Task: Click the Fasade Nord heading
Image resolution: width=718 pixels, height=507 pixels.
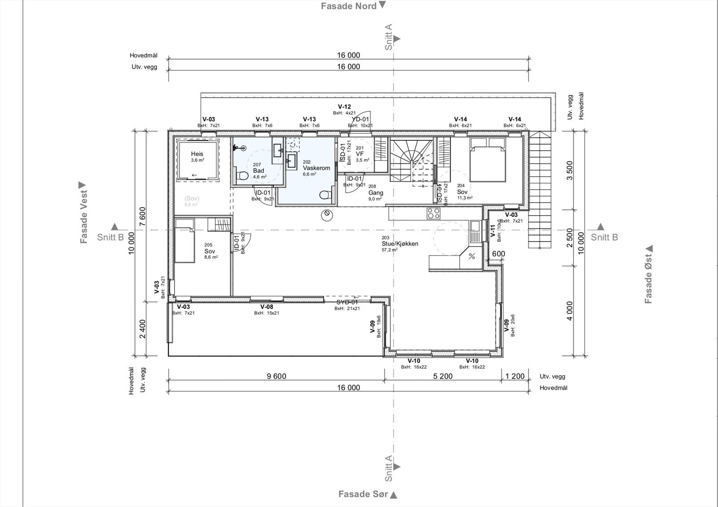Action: pos(348,6)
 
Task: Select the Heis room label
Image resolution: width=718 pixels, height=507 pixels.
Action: pos(197,154)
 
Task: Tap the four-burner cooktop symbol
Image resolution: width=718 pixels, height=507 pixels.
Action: pos(433,213)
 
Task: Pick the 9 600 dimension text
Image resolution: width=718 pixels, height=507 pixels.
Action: pos(276,377)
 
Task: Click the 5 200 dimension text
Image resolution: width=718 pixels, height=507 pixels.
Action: pos(442,377)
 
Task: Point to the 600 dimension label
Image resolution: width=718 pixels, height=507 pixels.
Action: pos(499,254)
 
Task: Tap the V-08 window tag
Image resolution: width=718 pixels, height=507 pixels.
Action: pos(267,307)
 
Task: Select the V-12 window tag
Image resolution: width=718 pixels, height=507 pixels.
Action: pos(344,107)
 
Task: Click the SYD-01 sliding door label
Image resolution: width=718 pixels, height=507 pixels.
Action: pos(347,302)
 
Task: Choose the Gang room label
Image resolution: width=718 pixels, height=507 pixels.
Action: pos(376,193)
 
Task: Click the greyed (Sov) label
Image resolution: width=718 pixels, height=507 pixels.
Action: pos(192,198)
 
